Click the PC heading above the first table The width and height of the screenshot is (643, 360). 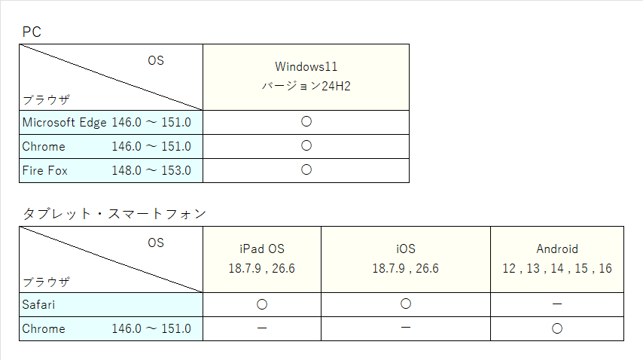pos(32,32)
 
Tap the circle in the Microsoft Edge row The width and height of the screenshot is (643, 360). pos(306,121)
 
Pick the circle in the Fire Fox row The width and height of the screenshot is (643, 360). pos(306,169)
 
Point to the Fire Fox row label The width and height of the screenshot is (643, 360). pos(44,170)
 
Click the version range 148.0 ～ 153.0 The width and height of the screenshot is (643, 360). pos(151,170)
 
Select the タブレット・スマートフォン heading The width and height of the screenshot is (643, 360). pos(114,214)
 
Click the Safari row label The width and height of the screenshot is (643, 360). pos(38,305)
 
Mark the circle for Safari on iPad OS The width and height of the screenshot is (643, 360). pos(262,304)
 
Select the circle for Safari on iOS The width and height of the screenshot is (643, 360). pos(406,304)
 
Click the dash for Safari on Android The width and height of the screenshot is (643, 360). pos(557,304)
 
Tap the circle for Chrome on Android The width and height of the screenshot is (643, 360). pos(557,328)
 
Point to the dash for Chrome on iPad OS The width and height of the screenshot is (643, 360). pos(262,328)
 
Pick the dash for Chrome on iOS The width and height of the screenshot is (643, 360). pos(406,328)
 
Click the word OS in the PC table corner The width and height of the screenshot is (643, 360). pos(156,61)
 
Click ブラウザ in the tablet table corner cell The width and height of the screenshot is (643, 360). pos(47,282)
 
